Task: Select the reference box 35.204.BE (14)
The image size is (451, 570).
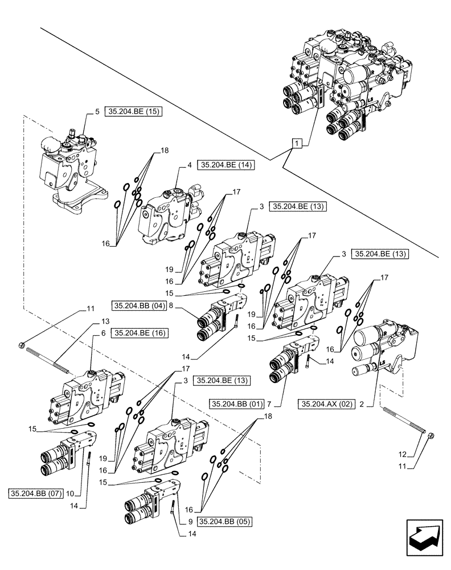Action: [225, 165]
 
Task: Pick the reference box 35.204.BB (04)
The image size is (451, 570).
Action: [139, 305]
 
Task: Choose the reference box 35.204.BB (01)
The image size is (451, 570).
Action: [236, 404]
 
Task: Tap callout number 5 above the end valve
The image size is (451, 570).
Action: [97, 112]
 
